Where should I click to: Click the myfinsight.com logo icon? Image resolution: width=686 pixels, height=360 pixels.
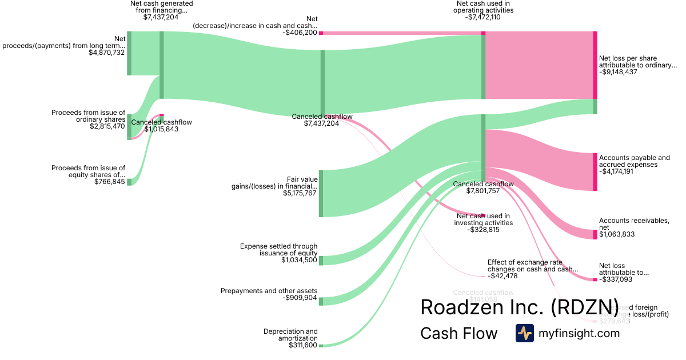point(525,333)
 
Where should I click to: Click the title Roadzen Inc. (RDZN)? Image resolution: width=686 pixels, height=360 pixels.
point(519,307)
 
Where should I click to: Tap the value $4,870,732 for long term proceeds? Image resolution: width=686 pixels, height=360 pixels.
point(107,53)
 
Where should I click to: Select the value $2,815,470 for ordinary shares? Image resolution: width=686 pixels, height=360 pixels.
point(107,126)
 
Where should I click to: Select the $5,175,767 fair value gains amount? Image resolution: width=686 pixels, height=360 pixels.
point(300,193)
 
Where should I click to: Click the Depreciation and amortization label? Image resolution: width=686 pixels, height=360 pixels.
point(290,334)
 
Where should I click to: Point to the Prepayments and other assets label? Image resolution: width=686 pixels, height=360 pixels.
point(269,291)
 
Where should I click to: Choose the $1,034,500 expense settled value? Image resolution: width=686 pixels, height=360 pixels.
point(300,260)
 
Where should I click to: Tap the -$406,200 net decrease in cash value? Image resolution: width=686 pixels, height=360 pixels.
point(299,33)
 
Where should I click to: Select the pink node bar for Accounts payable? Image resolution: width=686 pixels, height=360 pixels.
point(595,172)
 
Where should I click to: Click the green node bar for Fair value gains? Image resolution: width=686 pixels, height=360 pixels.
point(321,193)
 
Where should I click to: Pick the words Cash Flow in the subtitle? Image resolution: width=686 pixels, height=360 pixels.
point(459,333)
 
